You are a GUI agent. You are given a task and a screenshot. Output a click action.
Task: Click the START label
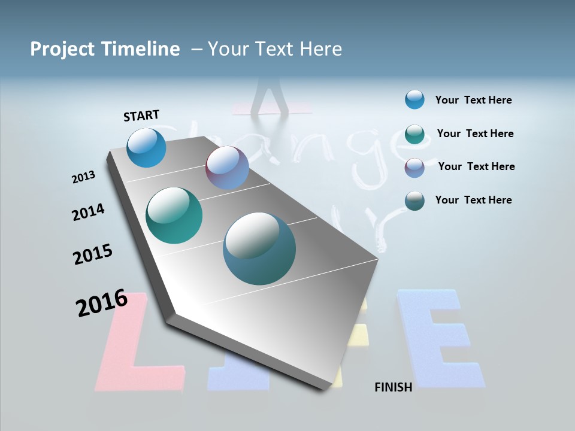tap(141, 115)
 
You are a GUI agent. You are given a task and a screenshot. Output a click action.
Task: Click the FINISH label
tap(394, 387)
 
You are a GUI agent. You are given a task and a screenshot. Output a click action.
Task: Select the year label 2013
tap(83, 177)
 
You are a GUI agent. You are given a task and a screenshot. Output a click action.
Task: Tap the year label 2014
tap(88, 213)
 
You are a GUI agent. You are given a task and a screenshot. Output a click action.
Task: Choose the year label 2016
tap(102, 303)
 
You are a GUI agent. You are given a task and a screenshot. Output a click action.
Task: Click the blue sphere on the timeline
tap(147, 147)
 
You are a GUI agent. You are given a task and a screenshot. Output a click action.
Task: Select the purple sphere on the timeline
tap(227, 168)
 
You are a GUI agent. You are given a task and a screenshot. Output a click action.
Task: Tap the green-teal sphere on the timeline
tap(174, 215)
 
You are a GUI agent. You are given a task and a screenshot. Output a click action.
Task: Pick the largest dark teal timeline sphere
tap(259, 248)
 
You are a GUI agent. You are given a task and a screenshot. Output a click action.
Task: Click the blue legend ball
tap(414, 99)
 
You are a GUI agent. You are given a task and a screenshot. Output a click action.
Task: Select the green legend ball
tap(414, 133)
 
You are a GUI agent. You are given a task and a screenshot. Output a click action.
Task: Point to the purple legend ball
tap(414, 167)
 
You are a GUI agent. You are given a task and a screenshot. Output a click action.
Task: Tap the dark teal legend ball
tap(414, 201)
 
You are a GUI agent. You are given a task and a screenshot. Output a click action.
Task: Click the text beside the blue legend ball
tap(473, 101)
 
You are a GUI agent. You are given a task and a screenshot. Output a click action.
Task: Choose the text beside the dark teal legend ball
tap(473, 200)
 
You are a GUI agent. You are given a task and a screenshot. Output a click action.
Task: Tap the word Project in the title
tap(62, 49)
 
